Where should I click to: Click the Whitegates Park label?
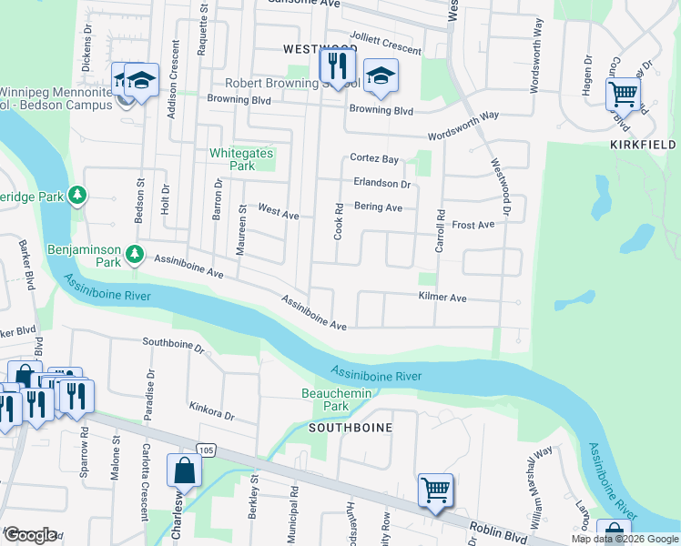241,160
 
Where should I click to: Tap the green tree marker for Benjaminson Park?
135,253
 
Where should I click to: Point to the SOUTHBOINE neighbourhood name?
351,427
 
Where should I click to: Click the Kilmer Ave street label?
442,298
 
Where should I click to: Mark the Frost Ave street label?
473,224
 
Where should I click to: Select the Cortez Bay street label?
375,158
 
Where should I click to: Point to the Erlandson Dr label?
381,183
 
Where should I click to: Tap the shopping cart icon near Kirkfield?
623,93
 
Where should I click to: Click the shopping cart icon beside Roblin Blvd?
435,490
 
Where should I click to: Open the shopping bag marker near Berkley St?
184,471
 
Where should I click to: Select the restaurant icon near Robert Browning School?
336,66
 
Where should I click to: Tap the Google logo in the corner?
29,535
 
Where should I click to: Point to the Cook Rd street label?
338,221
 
